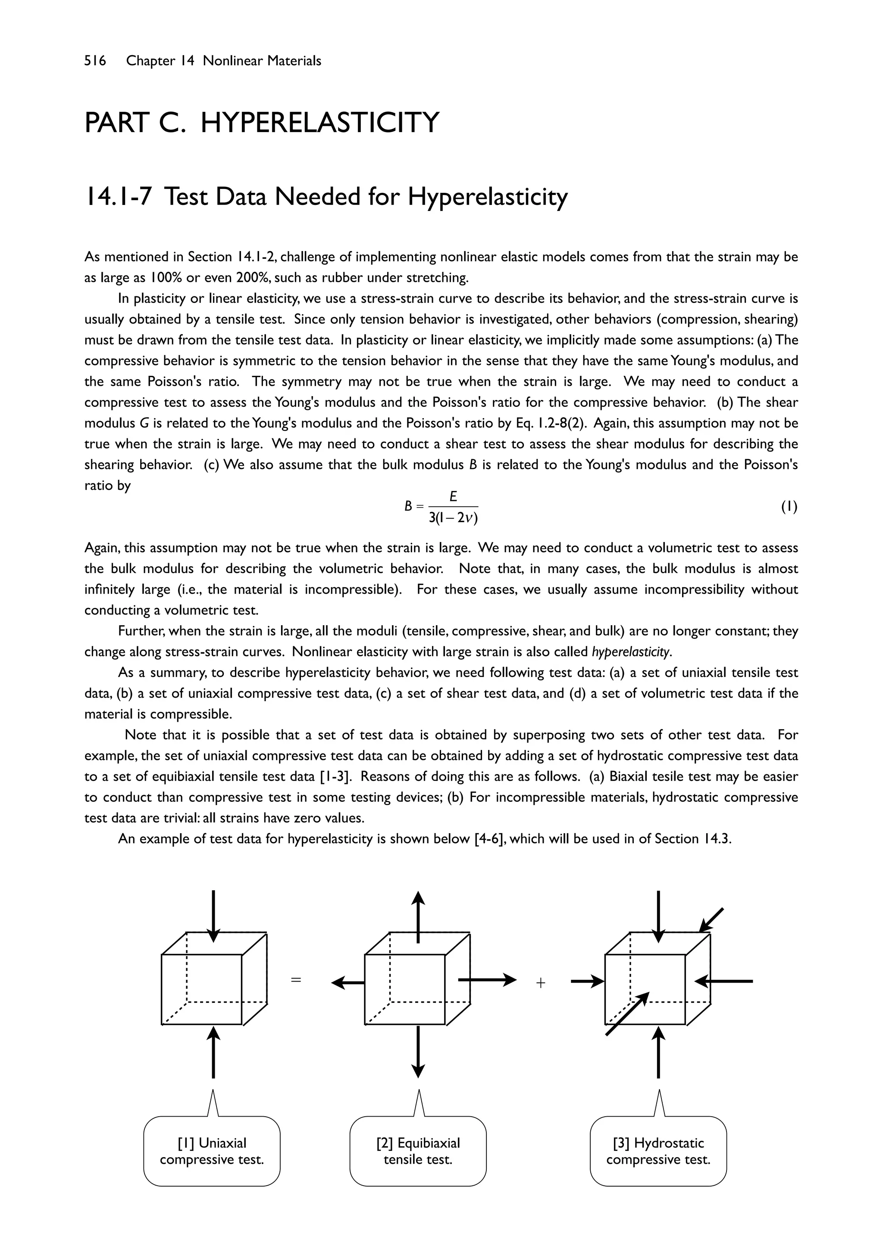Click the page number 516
click(95, 61)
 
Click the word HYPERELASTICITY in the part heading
click(319, 123)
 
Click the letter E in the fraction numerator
click(453, 497)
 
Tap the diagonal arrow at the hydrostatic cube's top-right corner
click(711, 920)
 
